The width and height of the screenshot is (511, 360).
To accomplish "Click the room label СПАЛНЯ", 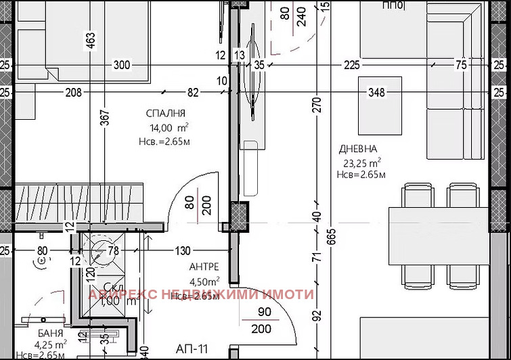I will pyautogui.click(x=165, y=113).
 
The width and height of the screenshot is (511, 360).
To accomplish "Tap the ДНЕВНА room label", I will pyautogui.click(x=359, y=149).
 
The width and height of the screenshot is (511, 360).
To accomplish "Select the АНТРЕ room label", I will pyautogui.click(x=204, y=267).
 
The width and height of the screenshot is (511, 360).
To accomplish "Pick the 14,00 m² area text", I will pyautogui.click(x=169, y=127).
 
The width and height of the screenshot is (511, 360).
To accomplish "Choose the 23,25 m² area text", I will pyautogui.click(x=361, y=162).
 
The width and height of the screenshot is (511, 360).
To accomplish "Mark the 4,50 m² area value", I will pyautogui.click(x=204, y=282).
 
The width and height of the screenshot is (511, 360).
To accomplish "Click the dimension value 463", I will pyautogui.click(x=90, y=42).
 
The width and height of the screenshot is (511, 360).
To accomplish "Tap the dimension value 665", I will pyautogui.click(x=330, y=238).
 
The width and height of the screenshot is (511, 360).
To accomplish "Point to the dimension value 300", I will pyautogui.click(x=121, y=66).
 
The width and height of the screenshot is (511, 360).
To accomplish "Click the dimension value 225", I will pyautogui.click(x=352, y=66).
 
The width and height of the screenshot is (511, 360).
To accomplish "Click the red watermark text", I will pyautogui.click(x=202, y=294).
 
